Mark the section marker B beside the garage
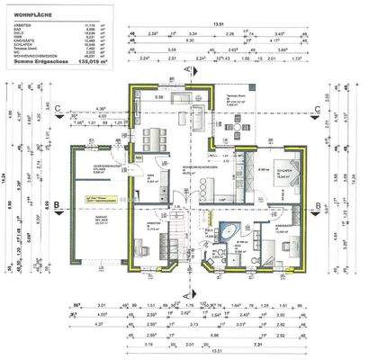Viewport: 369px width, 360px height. (57, 206)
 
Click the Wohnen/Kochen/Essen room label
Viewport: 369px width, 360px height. (198, 169)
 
